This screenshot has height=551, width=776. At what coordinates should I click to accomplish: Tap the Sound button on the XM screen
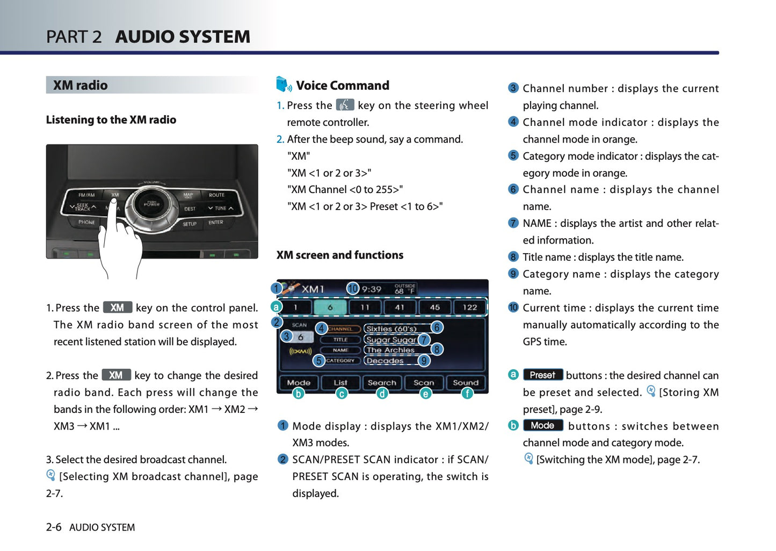click(x=465, y=383)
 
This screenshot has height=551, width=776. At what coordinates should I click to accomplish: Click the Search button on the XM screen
click(x=382, y=383)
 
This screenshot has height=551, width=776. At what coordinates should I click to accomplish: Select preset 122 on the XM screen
click(x=469, y=307)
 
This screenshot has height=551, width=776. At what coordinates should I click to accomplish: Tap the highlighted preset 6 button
click(x=330, y=307)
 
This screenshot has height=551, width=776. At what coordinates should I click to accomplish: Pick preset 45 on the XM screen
click(x=435, y=307)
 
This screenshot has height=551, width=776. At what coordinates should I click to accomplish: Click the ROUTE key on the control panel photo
click(x=216, y=195)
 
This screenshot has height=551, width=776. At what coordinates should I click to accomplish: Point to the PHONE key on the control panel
click(x=86, y=222)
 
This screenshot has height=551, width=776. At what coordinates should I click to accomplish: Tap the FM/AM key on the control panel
click(x=86, y=195)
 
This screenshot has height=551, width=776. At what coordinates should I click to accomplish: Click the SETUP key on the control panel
click(x=190, y=224)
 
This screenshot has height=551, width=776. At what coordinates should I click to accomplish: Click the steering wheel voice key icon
click(x=345, y=104)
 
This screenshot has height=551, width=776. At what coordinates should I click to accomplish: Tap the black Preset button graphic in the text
click(x=542, y=375)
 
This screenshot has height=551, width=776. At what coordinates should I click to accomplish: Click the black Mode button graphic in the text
click(x=542, y=425)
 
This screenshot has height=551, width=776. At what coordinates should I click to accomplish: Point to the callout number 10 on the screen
click(x=353, y=288)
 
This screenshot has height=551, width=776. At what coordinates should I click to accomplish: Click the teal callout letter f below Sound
click(x=467, y=393)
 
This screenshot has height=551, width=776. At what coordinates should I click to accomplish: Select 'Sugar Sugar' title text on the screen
click(x=391, y=340)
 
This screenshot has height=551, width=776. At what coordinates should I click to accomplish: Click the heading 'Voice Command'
click(x=343, y=85)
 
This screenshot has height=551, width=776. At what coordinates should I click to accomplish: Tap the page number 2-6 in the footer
click(x=54, y=527)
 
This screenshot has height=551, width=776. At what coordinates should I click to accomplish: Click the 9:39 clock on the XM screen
click(x=372, y=289)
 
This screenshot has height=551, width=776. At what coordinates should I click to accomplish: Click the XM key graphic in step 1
click(x=118, y=307)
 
